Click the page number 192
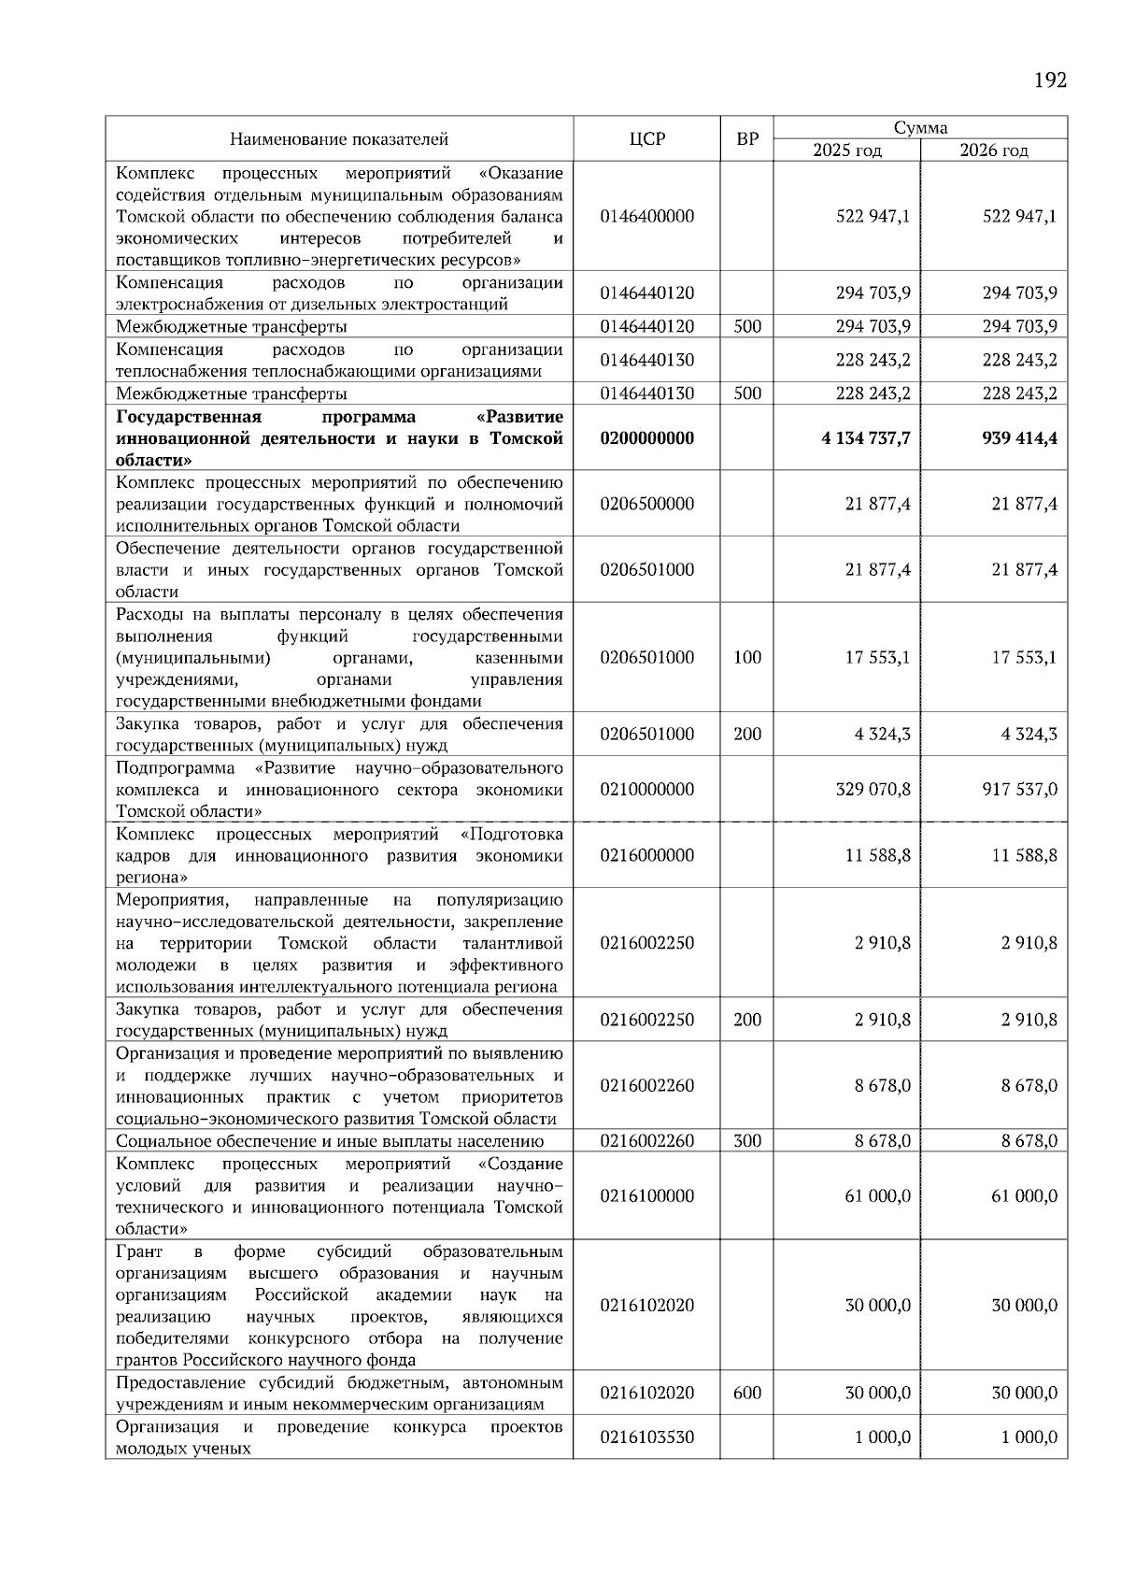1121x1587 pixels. [1050, 80]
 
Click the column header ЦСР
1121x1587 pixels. [646, 139]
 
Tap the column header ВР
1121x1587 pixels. [747, 139]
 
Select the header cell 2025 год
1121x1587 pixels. [846, 150]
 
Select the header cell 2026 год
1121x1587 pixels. [994, 150]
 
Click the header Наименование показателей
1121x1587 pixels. [339, 139]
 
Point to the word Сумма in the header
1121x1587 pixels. [920, 128]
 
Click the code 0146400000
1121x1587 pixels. [647, 216]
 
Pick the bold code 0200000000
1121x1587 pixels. [647, 437]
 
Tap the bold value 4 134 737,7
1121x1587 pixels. [866, 437]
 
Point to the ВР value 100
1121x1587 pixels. [747, 657]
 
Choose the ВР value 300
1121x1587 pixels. [747, 1140]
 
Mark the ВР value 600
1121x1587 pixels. [747, 1393]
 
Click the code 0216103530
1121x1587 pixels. [647, 1437]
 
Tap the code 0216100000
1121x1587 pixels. [647, 1195]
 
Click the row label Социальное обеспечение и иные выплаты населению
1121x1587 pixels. [330, 1140]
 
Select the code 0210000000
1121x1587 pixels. [647, 790]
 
